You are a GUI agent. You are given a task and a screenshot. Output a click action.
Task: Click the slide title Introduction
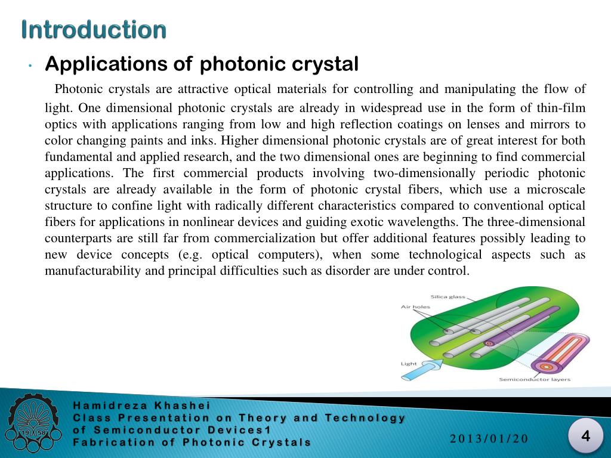94,29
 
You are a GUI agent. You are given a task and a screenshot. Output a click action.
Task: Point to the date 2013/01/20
489,439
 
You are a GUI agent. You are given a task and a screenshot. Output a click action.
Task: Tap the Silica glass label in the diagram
448,296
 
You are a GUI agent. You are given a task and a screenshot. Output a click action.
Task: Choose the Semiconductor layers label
535,379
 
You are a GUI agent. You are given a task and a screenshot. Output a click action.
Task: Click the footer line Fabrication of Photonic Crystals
192,442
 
